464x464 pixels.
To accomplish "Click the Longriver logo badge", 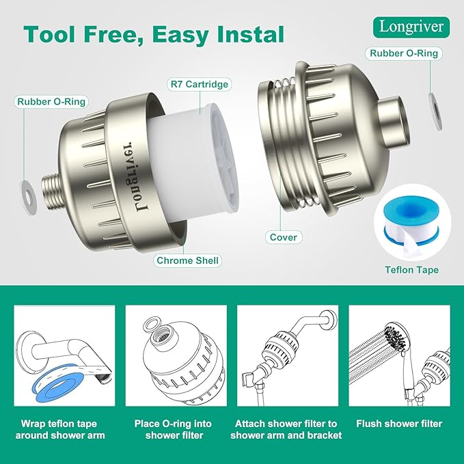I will click(x=412, y=27).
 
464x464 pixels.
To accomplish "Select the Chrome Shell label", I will click(x=188, y=260).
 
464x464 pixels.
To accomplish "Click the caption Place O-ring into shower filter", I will click(x=176, y=429).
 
